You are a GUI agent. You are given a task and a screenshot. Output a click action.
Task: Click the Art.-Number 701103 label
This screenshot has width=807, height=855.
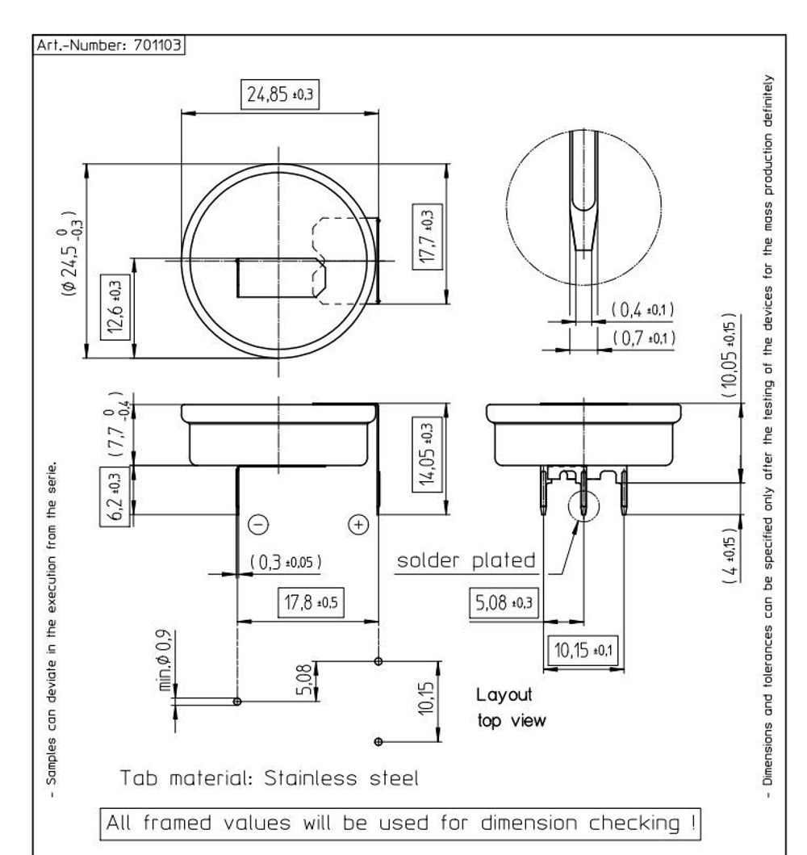click(x=108, y=44)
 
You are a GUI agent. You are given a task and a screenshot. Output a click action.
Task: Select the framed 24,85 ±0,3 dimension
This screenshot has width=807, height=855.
click(x=280, y=94)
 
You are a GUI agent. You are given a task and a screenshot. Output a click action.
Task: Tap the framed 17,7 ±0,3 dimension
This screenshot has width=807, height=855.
click(x=427, y=236)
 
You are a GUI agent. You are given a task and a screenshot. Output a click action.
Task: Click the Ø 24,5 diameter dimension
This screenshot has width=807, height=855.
click(x=71, y=254)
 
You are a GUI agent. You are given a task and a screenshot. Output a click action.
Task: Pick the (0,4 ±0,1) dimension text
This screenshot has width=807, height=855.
click(x=642, y=310)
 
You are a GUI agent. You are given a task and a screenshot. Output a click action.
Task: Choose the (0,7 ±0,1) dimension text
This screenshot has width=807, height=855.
click(x=644, y=338)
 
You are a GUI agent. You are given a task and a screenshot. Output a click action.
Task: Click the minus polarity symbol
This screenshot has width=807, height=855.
click(x=258, y=525)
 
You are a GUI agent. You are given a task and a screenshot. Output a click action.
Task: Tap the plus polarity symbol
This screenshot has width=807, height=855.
click(x=358, y=525)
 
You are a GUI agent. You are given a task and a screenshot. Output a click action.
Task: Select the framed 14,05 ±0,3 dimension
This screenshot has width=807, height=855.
click(x=427, y=454)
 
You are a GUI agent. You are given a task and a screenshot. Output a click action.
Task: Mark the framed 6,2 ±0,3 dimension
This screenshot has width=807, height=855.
click(x=115, y=497)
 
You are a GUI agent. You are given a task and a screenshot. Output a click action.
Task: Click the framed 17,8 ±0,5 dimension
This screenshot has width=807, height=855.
click(x=311, y=602)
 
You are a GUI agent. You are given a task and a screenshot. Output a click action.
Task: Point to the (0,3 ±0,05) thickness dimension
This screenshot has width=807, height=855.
click(x=286, y=562)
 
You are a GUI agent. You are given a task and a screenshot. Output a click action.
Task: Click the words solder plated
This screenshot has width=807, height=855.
click(x=466, y=560)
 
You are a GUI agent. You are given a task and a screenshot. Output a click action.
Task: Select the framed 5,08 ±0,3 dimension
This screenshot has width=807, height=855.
click(x=504, y=603)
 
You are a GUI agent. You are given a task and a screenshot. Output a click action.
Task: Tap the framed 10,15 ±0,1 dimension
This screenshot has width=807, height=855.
click(x=583, y=650)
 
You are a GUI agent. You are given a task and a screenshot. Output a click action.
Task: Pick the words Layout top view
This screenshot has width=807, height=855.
click(x=511, y=707)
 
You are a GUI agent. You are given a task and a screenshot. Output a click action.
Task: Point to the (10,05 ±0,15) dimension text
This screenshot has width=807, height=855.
click(x=730, y=355)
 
